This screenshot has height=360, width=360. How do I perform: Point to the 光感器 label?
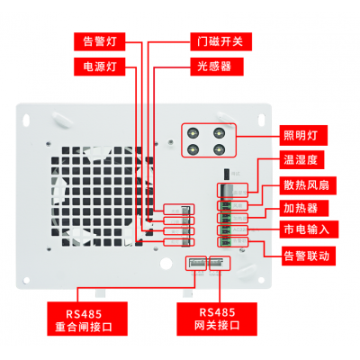point(213,67)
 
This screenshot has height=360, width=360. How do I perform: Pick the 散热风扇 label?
point(309,184)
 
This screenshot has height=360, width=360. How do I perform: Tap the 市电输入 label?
point(309,232)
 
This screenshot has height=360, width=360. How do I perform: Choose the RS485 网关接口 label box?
point(215,317)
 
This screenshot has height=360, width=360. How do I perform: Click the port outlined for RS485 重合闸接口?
point(195,263)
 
